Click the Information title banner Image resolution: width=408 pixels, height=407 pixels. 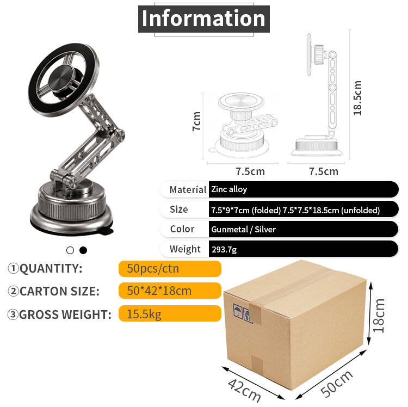tap(204, 18)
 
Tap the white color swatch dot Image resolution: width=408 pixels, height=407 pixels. tap(70, 250)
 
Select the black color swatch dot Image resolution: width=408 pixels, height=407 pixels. tap(83, 250)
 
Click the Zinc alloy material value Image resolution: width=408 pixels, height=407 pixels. tap(229, 189)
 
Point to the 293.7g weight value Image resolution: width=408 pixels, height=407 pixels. tap(224, 250)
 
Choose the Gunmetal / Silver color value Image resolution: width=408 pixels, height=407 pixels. tap(243, 229)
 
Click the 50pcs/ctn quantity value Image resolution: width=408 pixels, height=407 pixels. tap(153, 269)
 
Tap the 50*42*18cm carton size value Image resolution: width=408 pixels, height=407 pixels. tap(159, 291)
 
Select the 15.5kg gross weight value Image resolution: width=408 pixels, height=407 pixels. tap(144, 314)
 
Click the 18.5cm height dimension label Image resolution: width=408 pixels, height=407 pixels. tap(357, 98)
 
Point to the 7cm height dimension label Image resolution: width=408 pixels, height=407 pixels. tap(197, 121)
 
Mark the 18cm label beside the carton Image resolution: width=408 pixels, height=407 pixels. tap(379, 316)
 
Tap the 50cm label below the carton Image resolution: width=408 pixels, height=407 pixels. tap(337, 383)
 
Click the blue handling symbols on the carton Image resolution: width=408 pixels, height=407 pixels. tap(243, 313)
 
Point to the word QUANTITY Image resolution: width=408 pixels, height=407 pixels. tap(51, 268)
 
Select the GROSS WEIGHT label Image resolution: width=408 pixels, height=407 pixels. tap(65, 314)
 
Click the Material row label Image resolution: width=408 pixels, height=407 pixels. tap(188, 190)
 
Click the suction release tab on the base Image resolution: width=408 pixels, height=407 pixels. tap(107, 231)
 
